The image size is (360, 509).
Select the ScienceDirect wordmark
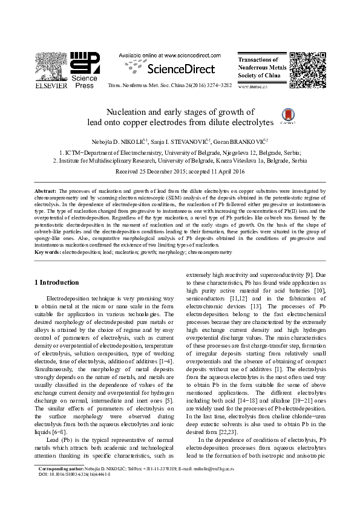(x=177, y=68)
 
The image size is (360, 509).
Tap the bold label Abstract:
(x=45, y=190)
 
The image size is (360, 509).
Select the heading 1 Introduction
(x=56, y=282)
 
